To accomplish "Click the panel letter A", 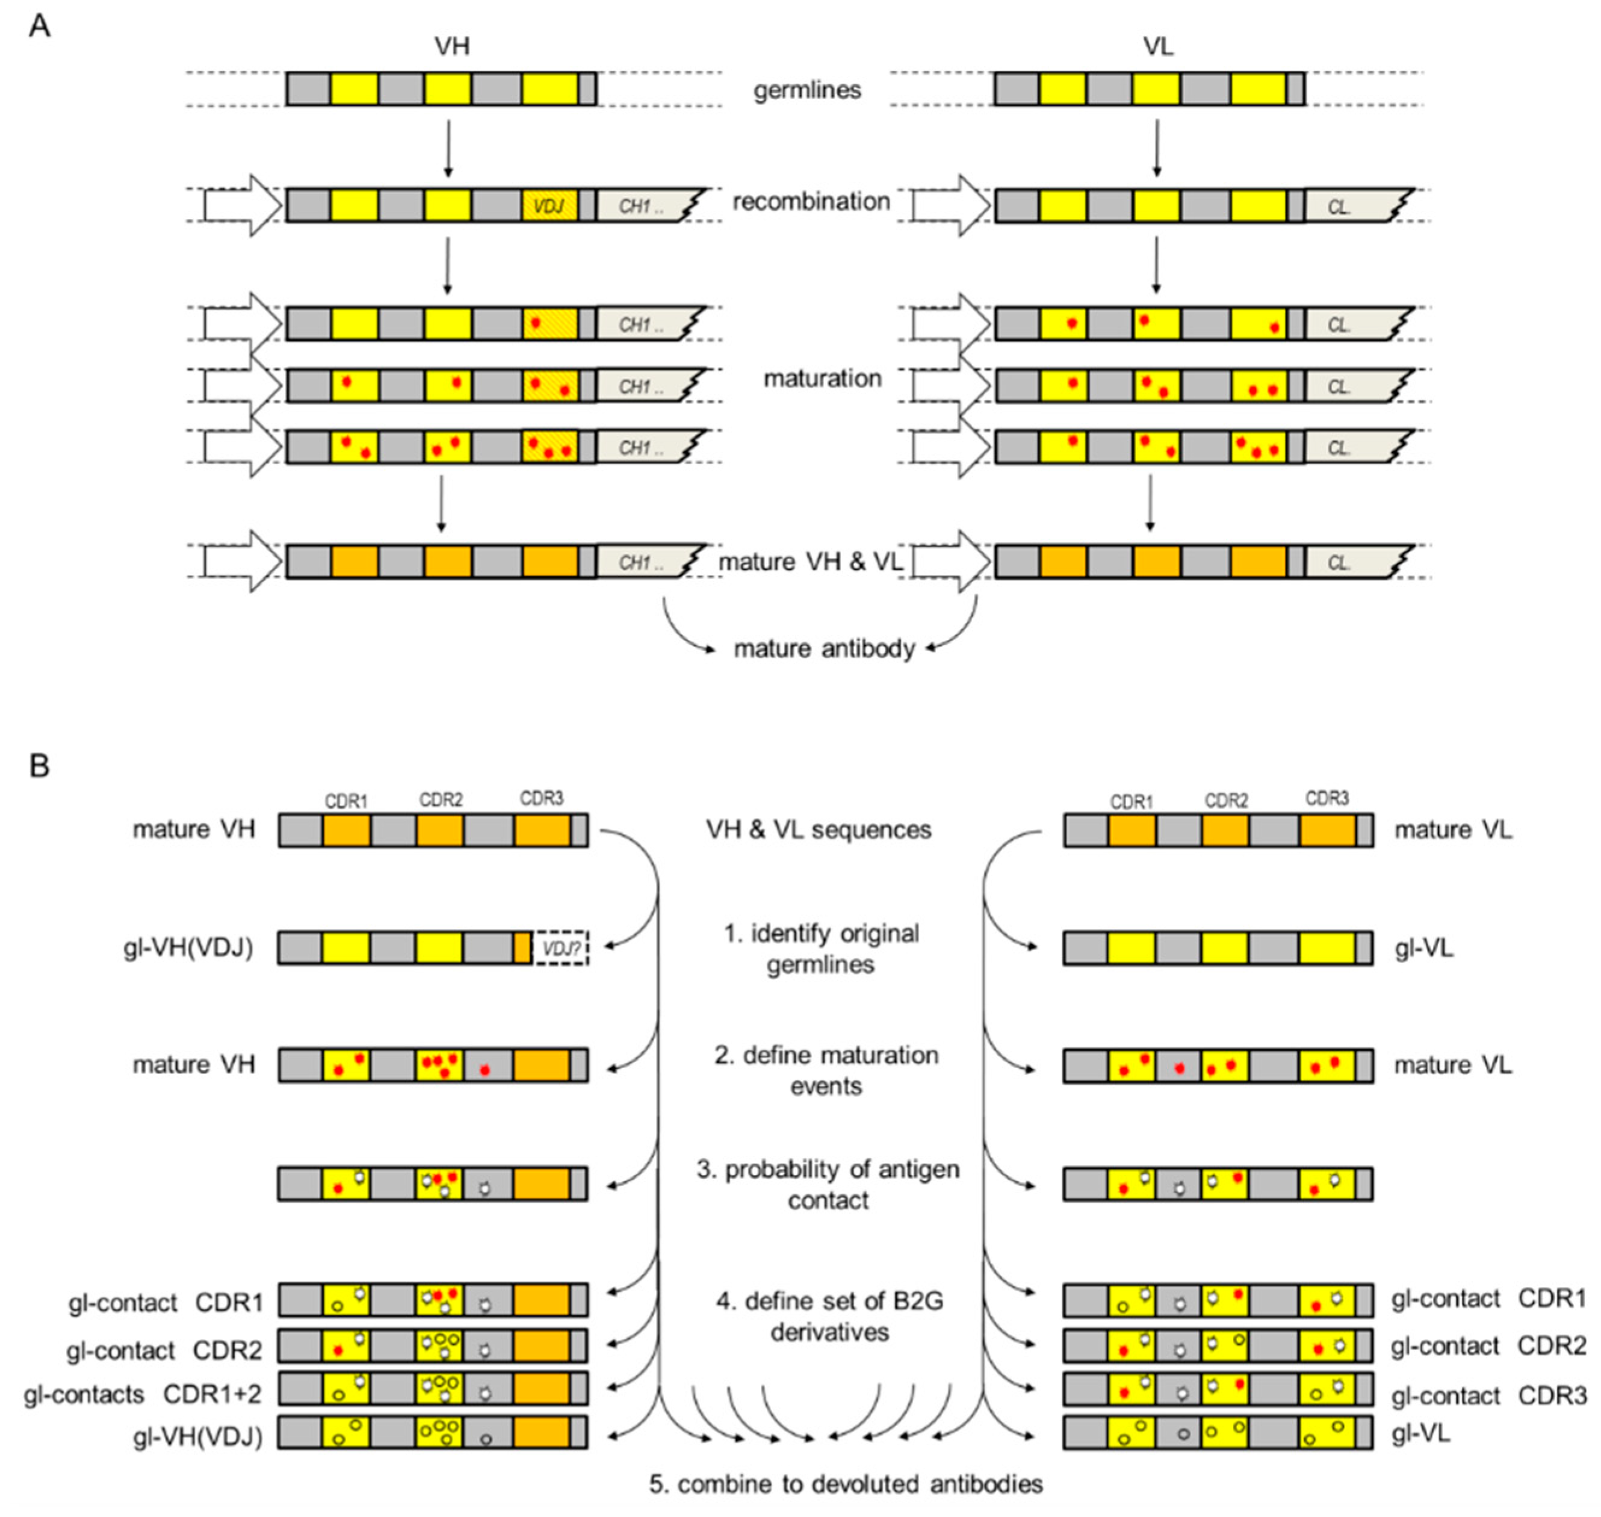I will coord(39,26).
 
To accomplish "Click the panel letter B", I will coord(39,765).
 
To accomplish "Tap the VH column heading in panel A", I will coord(451,46).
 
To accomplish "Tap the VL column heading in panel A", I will coord(1158,46).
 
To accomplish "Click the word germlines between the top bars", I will coord(807,90).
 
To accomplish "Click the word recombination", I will coord(811,201).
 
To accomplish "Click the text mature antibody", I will coord(824,648).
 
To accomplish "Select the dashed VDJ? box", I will coord(560,948).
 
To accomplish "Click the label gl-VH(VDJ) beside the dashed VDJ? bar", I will coord(188,947).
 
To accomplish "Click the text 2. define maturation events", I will coord(826,1070).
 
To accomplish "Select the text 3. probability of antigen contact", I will coord(828,1184).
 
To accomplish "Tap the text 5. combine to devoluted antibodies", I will coord(846,1484).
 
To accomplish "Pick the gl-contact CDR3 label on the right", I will coord(1488,1395).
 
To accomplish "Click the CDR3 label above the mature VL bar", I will coord(1327,799).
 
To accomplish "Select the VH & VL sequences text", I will coord(819,830).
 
